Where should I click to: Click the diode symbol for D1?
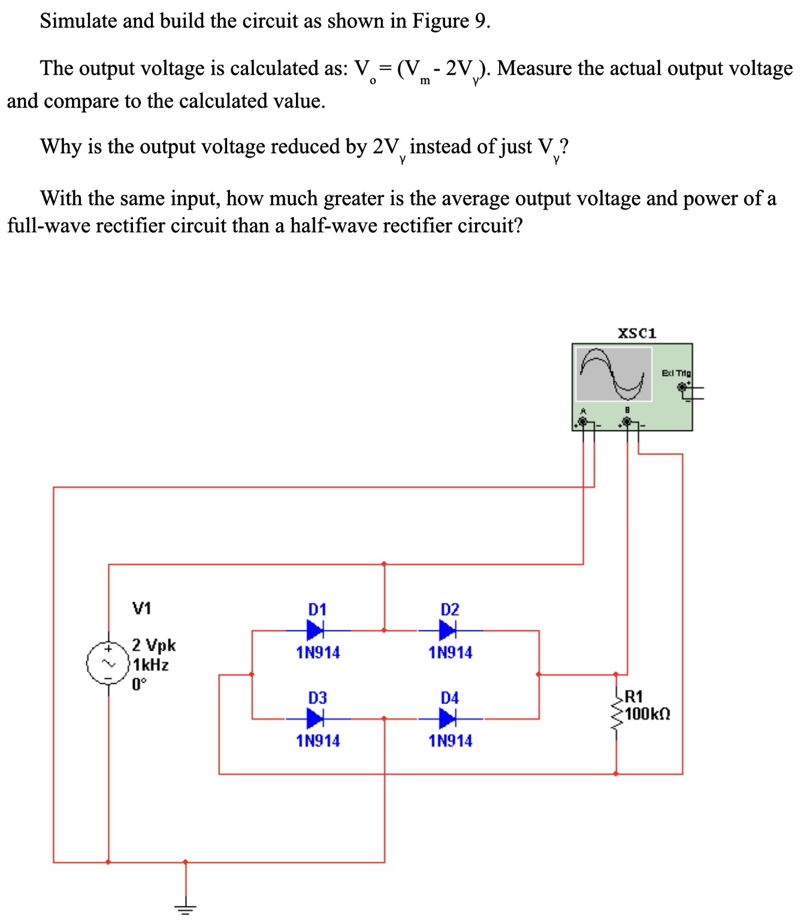pos(315,630)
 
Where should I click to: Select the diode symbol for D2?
pos(448,630)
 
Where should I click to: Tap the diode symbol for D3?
pos(315,718)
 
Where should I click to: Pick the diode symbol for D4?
pos(448,718)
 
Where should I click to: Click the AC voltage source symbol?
pos(108,663)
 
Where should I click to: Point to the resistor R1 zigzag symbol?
pos(616,714)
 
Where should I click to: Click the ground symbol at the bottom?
pos(185,908)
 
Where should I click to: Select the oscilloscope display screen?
pos(613,374)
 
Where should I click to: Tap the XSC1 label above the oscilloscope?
pos(637,333)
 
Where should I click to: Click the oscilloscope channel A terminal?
pos(582,422)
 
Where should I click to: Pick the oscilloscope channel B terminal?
pos(627,422)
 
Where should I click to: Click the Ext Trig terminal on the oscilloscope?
pos(682,387)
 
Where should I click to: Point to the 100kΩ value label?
pos(648,714)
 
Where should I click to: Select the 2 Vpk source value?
pos(154,645)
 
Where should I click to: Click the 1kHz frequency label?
pos(151,665)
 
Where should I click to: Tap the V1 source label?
pos(141,609)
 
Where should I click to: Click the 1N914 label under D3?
pos(318,741)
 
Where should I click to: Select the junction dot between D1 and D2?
pos(384,630)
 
